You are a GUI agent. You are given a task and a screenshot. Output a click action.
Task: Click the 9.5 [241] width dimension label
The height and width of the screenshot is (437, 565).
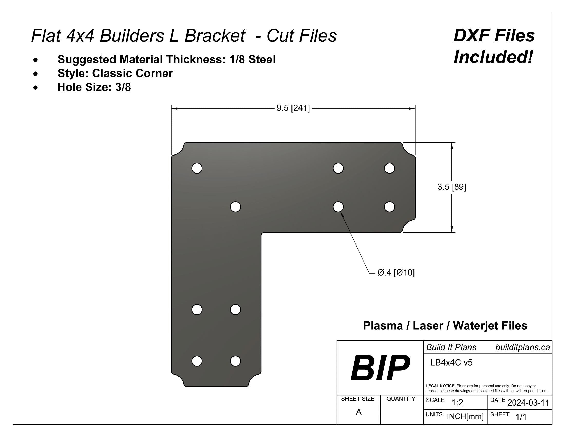point(293,108)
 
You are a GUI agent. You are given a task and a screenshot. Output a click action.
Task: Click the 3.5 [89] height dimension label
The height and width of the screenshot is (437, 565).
point(451,187)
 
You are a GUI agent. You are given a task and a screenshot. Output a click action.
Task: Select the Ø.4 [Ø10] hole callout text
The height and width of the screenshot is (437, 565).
point(396,272)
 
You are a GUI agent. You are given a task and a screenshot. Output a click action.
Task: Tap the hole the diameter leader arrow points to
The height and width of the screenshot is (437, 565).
point(338,207)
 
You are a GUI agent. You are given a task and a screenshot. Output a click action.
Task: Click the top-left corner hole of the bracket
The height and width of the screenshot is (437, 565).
point(197,168)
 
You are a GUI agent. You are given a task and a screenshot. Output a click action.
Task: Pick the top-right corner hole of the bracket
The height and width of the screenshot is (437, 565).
point(389,168)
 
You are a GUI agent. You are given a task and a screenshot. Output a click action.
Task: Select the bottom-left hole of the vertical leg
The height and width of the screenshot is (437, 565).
point(197,361)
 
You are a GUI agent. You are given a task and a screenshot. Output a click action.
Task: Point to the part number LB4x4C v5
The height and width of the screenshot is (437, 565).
point(451,362)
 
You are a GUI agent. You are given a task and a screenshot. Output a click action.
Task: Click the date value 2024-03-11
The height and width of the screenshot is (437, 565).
point(528,403)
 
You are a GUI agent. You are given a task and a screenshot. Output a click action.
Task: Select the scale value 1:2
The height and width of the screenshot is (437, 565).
point(457,403)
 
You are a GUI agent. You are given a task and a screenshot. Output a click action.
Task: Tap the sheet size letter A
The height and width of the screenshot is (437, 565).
point(359,412)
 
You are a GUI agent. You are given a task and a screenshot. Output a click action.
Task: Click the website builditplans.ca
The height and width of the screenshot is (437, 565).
point(522,347)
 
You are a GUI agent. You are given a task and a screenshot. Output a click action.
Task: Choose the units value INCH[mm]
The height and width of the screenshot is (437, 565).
point(465,416)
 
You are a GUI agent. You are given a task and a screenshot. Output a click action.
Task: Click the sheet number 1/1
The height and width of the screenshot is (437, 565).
point(521,417)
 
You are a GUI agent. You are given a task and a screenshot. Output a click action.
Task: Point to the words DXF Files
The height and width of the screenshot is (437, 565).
point(494,35)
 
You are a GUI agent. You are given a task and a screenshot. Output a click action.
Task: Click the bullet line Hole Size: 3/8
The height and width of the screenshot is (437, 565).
point(94,87)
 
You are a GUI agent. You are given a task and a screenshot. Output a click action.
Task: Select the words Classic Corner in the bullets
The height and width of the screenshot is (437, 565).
point(133,73)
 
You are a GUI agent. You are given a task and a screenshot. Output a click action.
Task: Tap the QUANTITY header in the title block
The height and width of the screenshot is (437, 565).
point(401,399)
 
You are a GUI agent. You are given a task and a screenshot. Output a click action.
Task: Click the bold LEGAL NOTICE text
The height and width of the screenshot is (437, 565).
point(440,386)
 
